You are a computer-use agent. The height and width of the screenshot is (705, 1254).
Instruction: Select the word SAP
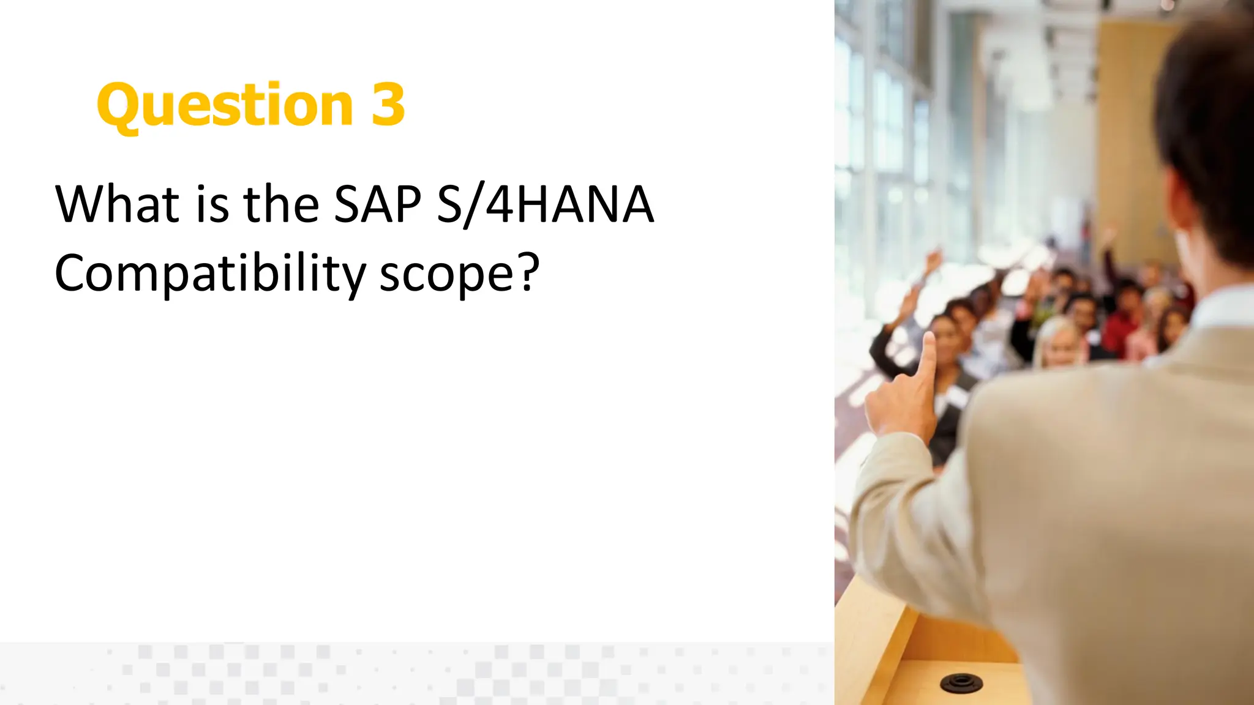click(x=378, y=204)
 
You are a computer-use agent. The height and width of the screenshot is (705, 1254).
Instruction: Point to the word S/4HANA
click(x=545, y=204)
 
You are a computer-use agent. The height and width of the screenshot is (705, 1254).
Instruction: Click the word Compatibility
click(x=209, y=274)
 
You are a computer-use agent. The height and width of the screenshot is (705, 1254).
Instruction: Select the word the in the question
click(x=281, y=204)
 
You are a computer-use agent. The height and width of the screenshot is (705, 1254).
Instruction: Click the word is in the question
click(x=212, y=204)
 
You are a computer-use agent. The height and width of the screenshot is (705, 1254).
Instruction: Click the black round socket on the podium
click(x=961, y=682)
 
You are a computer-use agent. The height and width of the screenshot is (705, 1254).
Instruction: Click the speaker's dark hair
click(x=1209, y=122)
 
